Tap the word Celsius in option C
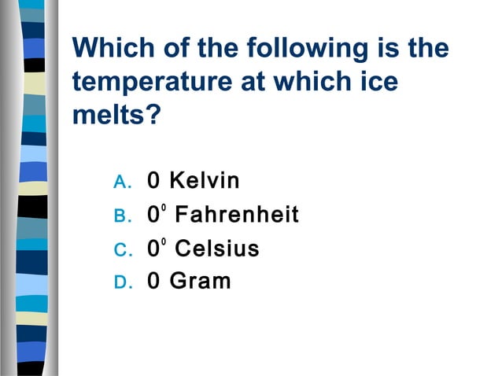coord(216,249)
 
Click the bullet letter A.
coord(121,182)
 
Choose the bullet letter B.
coord(121,216)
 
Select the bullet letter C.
coord(121,250)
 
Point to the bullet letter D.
coord(121,282)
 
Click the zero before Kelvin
coord(154,182)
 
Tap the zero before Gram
coord(154,282)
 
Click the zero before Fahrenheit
coord(153,216)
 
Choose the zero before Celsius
coord(153,249)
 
